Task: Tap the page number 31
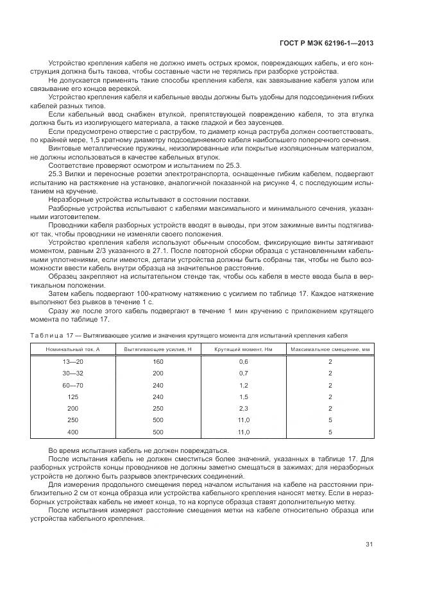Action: (x=369, y=545)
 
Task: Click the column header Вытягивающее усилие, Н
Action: (x=158, y=349)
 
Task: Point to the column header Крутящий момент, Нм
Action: (x=243, y=349)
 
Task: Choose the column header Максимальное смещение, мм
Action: (x=330, y=349)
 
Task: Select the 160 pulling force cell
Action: (x=158, y=362)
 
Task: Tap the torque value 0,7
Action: (x=243, y=373)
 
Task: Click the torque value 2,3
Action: (x=243, y=409)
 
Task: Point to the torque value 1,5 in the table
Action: (x=243, y=397)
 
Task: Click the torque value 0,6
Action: (x=243, y=362)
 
